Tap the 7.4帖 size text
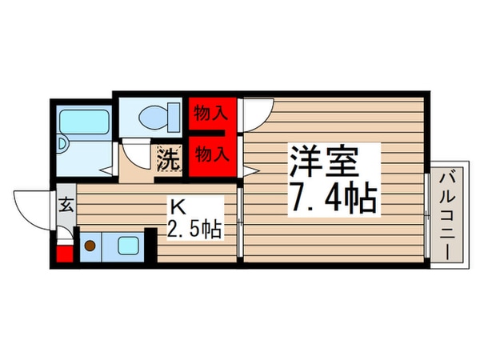click(x=331, y=199)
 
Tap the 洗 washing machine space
click(x=169, y=158)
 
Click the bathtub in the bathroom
click(x=84, y=122)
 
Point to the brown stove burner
click(x=90, y=246)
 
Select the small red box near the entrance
click(x=64, y=257)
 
